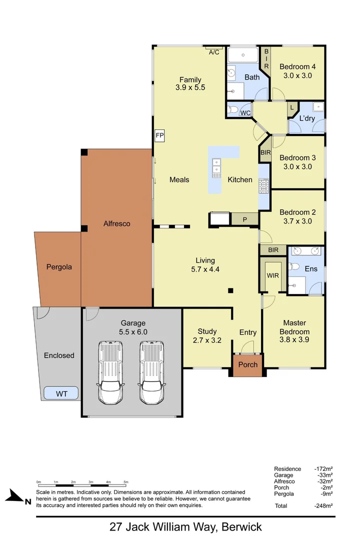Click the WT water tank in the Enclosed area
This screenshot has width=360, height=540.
pos(61,393)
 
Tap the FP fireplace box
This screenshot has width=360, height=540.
pos(160,135)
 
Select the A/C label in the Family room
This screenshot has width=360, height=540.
pos(214,52)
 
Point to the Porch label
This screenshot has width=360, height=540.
pos(248,364)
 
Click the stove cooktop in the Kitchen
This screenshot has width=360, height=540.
pos(263,186)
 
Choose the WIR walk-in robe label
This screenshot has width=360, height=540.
pos(272,275)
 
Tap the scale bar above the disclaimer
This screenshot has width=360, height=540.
pos(82,485)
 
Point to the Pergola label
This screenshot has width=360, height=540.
pos(59,266)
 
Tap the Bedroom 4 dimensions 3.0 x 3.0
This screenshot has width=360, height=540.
pos(297,75)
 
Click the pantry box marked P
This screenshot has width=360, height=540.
pos(245,219)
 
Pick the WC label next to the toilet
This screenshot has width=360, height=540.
pos(245,113)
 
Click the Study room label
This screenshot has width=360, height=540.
pos(207,331)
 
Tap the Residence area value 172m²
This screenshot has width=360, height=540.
pos(324,468)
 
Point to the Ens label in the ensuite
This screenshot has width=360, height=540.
pos(311,269)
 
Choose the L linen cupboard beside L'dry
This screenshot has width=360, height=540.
pos(291,107)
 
